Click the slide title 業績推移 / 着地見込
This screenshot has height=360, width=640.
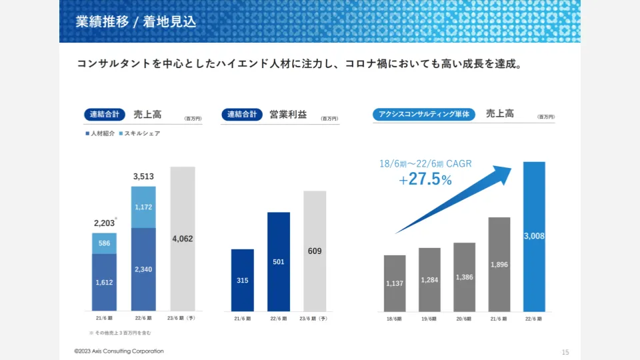click(136, 21)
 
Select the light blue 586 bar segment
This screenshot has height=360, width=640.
click(104, 243)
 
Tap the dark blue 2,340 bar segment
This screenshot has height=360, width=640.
click(143, 269)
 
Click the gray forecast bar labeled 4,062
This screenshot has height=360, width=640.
click(183, 239)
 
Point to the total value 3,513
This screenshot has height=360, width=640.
click(143, 177)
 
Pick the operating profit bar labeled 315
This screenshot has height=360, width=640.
click(243, 280)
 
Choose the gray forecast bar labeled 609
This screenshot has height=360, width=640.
click(315, 251)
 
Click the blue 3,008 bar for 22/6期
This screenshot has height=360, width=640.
click(535, 237)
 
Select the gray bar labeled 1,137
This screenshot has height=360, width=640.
click(395, 283)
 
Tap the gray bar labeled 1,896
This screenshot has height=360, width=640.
click(499, 265)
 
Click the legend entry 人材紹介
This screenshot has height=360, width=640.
click(100, 133)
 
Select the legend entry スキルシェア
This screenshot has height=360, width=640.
click(139, 133)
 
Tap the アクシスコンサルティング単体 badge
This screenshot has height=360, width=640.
click(423, 114)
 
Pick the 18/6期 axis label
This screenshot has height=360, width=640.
click(395, 319)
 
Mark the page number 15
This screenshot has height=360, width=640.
click(565, 352)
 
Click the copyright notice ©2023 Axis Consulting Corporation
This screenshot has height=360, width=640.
click(119, 351)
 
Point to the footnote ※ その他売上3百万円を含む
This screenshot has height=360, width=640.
click(120, 332)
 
